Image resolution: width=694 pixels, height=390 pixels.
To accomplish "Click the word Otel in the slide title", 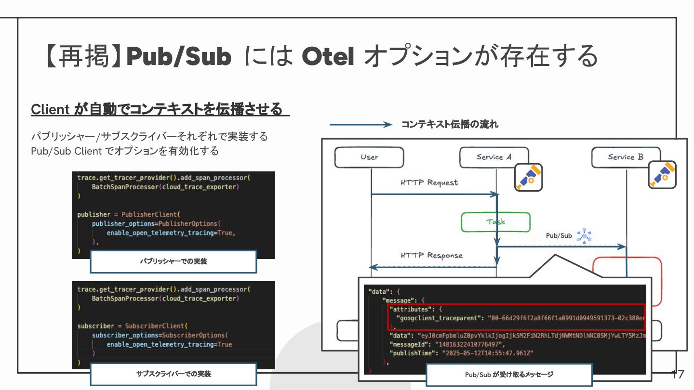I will (x=328, y=57).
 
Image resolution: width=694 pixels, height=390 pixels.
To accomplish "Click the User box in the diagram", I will (x=369, y=157).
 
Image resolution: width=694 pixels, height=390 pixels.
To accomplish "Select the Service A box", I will (x=494, y=157).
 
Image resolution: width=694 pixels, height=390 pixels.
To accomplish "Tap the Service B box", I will (x=626, y=157).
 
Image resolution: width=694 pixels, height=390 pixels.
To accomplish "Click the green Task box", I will (x=495, y=222).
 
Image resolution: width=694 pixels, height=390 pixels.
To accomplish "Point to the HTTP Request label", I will (x=429, y=183).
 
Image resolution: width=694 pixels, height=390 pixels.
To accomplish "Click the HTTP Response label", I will (x=431, y=256).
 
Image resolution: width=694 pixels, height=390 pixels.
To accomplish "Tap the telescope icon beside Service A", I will (x=528, y=177).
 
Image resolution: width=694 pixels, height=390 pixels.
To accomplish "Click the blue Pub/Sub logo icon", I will (x=585, y=236).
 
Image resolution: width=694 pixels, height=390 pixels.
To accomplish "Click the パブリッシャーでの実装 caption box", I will (x=173, y=261).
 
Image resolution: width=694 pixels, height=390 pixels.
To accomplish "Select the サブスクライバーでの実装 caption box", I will (x=173, y=374).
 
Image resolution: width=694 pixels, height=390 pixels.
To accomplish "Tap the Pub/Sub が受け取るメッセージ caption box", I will (x=509, y=375).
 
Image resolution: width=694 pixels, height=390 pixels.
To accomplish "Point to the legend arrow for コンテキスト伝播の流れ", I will (x=360, y=125).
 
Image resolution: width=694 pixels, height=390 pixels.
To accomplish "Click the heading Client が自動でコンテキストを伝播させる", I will (x=157, y=109).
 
